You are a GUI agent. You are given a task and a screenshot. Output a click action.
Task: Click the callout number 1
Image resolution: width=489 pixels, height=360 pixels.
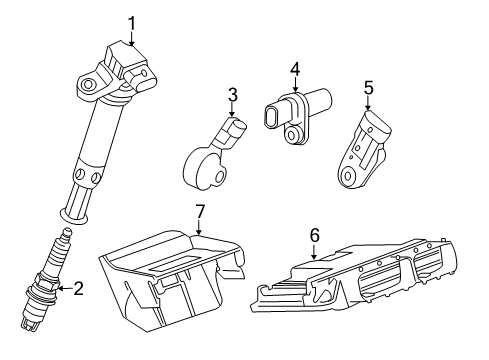pyautogui.click(x=132, y=24)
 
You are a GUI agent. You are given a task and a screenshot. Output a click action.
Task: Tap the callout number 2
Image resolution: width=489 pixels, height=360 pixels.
pyautogui.click(x=78, y=288)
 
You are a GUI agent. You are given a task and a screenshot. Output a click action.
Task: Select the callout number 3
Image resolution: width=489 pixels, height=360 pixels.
pyautogui.click(x=233, y=94)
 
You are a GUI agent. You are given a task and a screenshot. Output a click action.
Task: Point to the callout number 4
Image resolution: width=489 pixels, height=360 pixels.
pyautogui.click(x=295, y=69)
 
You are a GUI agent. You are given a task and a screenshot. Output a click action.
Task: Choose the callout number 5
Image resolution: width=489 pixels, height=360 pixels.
pyautogui.click(x=369, y=88)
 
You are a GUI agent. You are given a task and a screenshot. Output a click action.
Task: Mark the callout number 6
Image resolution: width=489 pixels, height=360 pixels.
pyautogui.click(x=315, y=235)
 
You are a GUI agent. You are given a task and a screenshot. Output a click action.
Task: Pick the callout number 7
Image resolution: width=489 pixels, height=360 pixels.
pyautogui.click(x=199, y=211)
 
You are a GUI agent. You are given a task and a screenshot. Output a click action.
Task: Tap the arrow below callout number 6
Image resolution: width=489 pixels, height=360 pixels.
pyautogui.click(x=314, y=252)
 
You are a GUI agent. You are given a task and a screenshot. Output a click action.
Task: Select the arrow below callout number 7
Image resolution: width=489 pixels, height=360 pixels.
pyautogui.click(x=199, y=228)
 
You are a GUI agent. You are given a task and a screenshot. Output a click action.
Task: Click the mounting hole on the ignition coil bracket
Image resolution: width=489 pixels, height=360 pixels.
pyautogui.click(x=88, y=84)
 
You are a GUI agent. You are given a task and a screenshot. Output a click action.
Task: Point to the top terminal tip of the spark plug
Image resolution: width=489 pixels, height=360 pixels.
pyautogui.click(x=67, y=230)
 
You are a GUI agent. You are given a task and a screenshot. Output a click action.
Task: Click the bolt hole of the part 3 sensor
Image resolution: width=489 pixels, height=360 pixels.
pyautogui.click(x=219, y=177)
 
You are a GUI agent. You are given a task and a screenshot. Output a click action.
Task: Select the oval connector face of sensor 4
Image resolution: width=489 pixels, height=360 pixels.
pyautogui.click(x=270, y=117)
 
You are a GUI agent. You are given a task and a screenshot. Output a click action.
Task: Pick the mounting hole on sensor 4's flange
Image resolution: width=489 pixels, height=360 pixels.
pyautogui.click(x=292, y=135)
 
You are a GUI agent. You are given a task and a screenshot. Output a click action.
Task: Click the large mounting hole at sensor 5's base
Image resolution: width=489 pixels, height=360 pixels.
pyautogui.click(x=347, y=176)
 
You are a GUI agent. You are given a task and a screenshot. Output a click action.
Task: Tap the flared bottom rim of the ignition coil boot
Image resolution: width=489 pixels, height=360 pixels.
pyautogui.click(x=73, y=217)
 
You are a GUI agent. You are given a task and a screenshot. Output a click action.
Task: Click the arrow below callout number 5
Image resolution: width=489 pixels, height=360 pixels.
pyautogui.click(x=368, y=103)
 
